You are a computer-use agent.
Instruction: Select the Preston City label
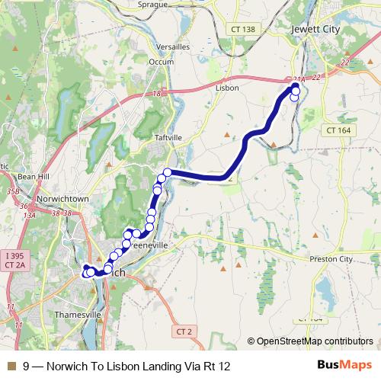click(x=331, y=259)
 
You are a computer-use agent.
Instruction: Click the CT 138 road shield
click(x=241, y=28)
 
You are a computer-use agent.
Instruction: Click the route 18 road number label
click(x=157, y=93)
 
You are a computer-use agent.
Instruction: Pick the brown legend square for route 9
click(x=10, y=366)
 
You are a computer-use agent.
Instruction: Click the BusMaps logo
click(x=344, y=366)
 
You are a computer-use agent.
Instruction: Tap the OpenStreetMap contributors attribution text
click(x=314, y=341)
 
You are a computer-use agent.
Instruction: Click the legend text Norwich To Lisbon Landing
click(x=126, y=366)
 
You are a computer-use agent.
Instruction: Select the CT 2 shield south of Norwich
click(x=184, y=331)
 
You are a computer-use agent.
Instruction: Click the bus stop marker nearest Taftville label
click(x=167, y=173)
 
